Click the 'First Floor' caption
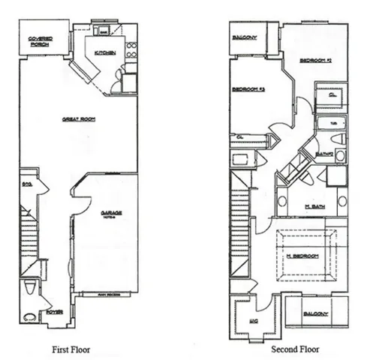pyautogui.click(x=71, y=349)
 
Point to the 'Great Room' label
pyautogui.click(x=78, y=118)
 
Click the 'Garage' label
pyautogui.click(x=111, y=213)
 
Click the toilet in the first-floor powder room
pyautogui.click(x=29, y=286)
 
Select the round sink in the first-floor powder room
pyautogui.click(x=31, y=316)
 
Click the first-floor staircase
pyautogui.click(x=29, y=236)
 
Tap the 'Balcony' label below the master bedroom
pyautogui.click(x=316, y=313)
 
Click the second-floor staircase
pyautogui.click(x=241, y=225)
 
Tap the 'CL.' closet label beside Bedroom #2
pyautogui.click(x=331, y=95)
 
